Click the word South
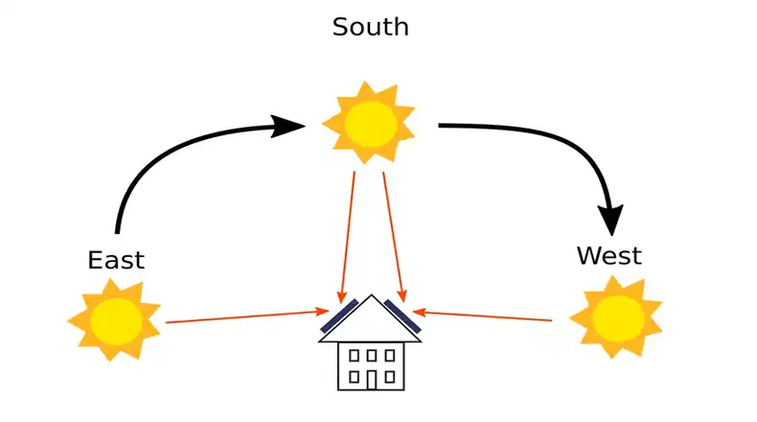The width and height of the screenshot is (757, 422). (370, 27)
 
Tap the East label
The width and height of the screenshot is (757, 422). (116, 260)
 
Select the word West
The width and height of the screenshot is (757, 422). (608, 256)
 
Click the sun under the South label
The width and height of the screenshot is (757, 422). (370, 122)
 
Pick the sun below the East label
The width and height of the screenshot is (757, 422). (115, 319)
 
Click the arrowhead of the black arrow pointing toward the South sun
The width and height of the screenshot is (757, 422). (287, 126)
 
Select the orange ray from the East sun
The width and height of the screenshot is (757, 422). (244, 316)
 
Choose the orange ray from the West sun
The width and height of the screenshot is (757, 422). (489, 316)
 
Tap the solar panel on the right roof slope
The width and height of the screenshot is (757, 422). (403, 316)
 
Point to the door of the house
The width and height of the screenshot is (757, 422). (371, 379)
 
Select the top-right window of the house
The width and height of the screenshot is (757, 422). (389, 355)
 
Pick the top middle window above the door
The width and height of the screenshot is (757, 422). (371, 355)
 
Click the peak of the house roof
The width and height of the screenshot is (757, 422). (372, 295)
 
